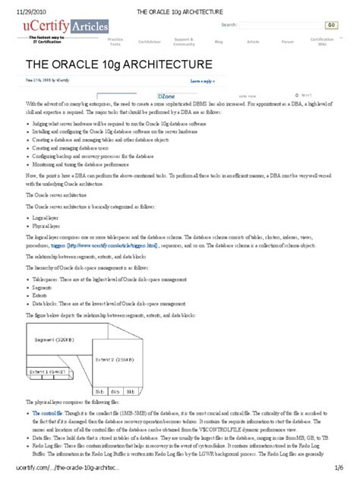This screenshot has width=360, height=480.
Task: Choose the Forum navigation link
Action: pyautogui.click(x=287, y=42)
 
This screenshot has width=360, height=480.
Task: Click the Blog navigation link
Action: pyautogui.click(x=219, y=42)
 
